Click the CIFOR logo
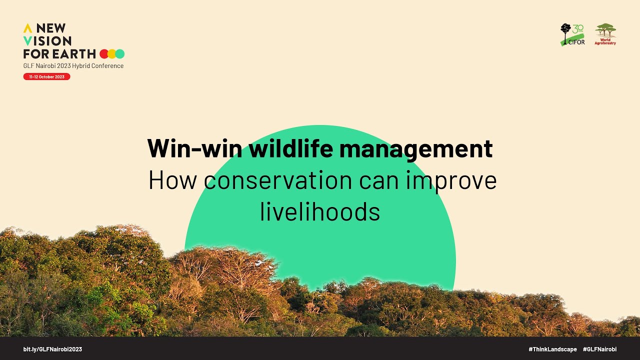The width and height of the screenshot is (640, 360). pyautogui.click(x=572, y=34)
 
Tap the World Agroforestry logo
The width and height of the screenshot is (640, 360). pyautogui.click(x=605, y=34)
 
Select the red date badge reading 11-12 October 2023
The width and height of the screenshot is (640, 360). pyautogui.click(x=46, y=76)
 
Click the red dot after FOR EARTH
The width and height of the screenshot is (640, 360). pyautogui.click(x=103, y=53)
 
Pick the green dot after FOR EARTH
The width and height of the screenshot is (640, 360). pyautogui.click(x=120, y=53)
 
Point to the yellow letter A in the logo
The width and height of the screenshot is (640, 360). pyautogui.click(x=27, y=28)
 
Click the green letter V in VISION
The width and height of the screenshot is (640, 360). pyautogui.click(x=27, y=41)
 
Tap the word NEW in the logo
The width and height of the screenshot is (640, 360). pyautogui.click(x=51, y=28)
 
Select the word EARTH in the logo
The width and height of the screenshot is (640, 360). pyautogui.click(x=73, y=53)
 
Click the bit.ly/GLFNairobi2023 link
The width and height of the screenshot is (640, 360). pyautogui.click(x=52, y=349)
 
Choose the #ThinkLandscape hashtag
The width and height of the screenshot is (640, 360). pyautogui.click(x=552, y=349)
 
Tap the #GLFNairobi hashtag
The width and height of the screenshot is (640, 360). pyautogui.click(x=599, y=349)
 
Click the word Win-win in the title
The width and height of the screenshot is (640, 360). pyautogui.click(x=195, y=148)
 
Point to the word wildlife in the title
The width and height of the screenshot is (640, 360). pyautogui.click(x=291, y=148)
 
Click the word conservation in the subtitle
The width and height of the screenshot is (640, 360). pyautogui.click(x=278, y=180)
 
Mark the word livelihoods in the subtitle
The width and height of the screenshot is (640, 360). pyautogui.click(x=320, y=211)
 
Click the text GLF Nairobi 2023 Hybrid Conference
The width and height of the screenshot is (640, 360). pyautogui.click(x=73, y=65)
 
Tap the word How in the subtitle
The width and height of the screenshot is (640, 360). pyautogui.click(x=173, y=180)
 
